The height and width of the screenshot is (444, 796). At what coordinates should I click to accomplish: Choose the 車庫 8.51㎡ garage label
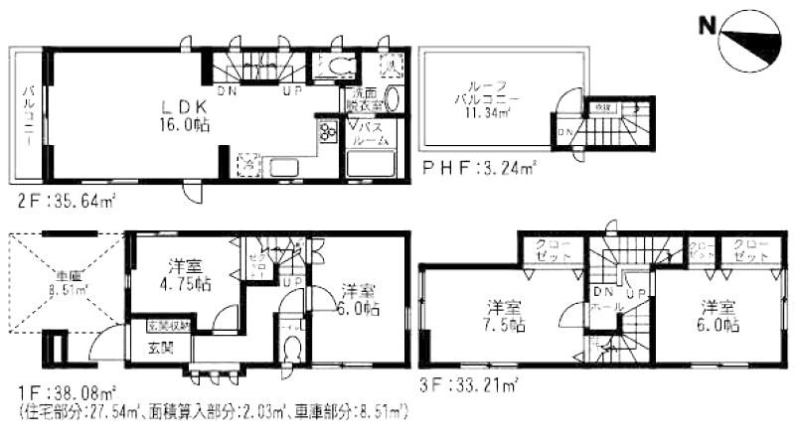point(69,283)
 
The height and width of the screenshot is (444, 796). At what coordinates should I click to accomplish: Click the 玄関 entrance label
point(160,347)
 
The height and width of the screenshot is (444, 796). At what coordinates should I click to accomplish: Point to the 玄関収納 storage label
point(165,325)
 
